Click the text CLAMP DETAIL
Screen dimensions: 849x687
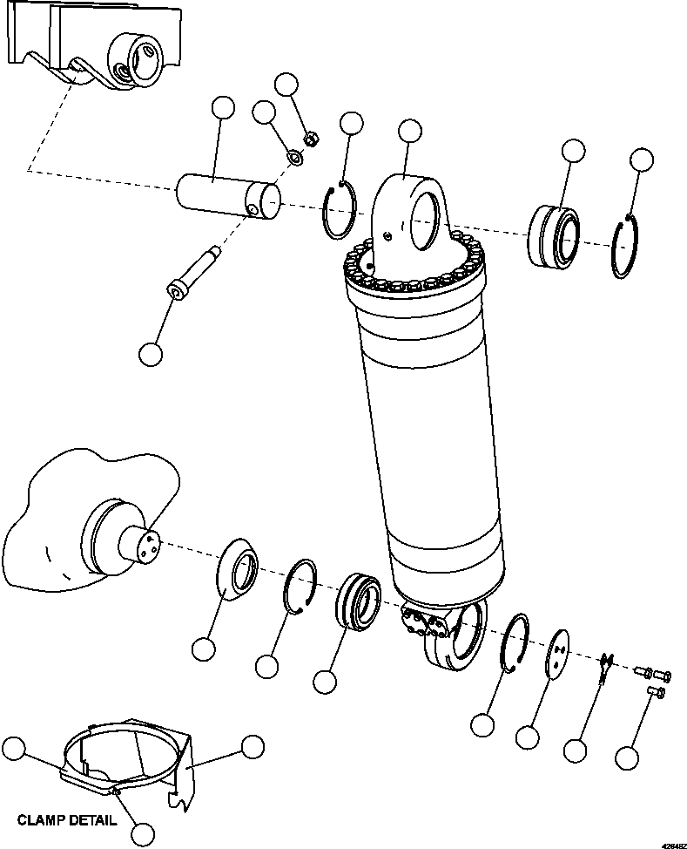pos(66,820)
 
